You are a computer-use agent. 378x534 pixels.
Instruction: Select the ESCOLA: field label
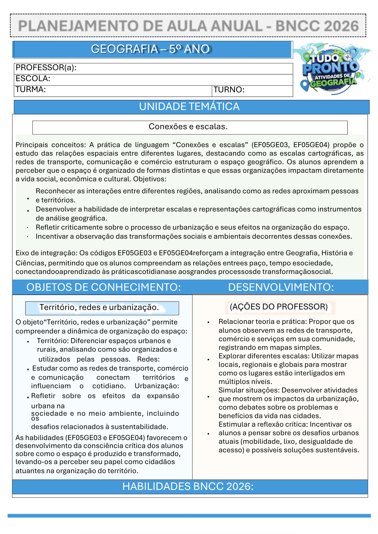[x=33, y=78]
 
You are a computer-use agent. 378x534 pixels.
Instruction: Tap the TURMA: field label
[x=31, y=89]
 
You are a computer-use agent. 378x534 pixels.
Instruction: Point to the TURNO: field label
[x=229, y=90]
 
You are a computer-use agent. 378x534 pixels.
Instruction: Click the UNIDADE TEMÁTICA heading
[x=189, y=107]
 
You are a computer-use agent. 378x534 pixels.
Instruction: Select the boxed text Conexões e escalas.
[x=188, y=127]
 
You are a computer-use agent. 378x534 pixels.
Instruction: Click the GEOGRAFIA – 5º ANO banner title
[x=151, y=49]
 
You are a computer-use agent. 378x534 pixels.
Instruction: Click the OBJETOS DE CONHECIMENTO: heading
[x=103, y=287]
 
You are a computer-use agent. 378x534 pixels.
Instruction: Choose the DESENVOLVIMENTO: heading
[x=281, y=287]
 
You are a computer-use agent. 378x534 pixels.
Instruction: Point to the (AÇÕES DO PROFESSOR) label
[x=279, y=307]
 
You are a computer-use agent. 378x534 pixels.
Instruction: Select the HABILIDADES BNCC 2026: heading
[x=188, y=486]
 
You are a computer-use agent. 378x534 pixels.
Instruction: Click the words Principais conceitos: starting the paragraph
[x=51, y=145]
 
